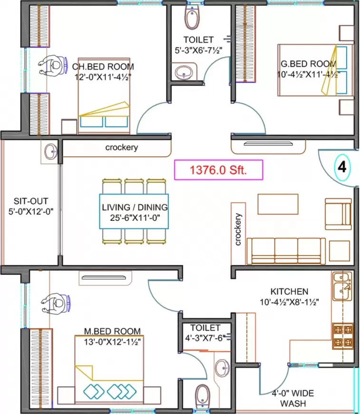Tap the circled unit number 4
click(x=341, y=168)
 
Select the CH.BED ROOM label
click(x=103, y=67)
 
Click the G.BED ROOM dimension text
click(x=307, y=74)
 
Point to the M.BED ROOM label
click(x=112, y=331)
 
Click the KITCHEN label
click(x=289, y=291)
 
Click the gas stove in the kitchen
click(x=342, y=336)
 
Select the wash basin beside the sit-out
click(x=50, y=152)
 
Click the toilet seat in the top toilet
click(x=192, y=18)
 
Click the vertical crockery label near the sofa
click(x=238, y=229)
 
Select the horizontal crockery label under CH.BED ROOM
click(x=121, y=148)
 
